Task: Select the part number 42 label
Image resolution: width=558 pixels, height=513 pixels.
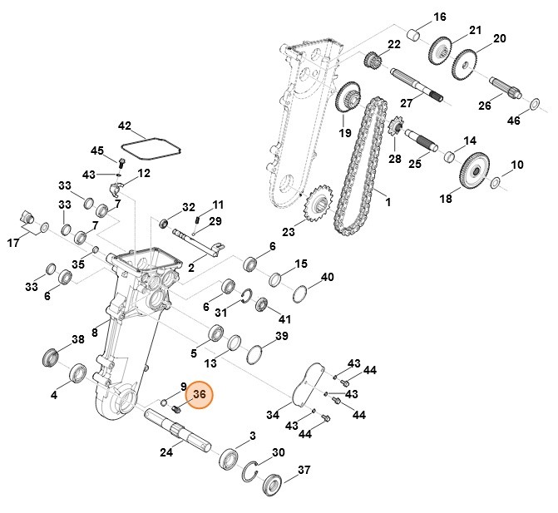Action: click(125, 126)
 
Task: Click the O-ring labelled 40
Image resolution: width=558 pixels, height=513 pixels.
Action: click(303, 294)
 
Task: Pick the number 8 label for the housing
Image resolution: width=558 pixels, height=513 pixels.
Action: click(95, 333)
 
